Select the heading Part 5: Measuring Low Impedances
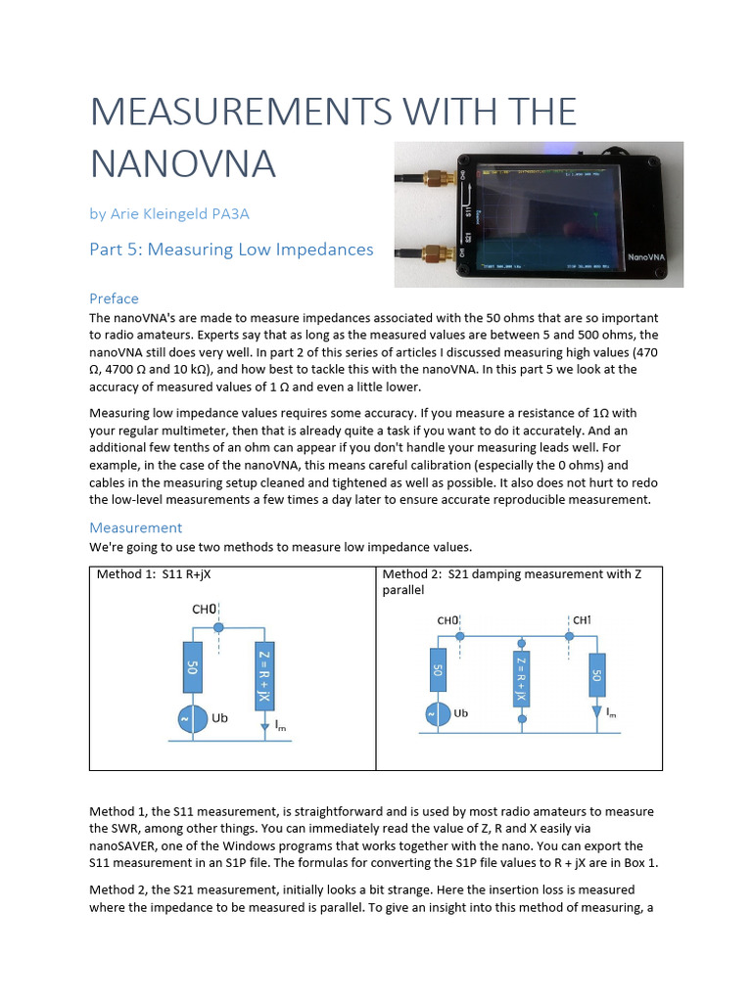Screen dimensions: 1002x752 [231, 250]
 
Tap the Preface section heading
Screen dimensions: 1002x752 [114, 298]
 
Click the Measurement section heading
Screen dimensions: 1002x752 [135, 527]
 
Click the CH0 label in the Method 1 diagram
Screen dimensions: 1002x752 [204, 609]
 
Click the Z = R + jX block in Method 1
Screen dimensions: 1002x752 [262, 676]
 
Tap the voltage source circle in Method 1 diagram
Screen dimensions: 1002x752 [192, 719]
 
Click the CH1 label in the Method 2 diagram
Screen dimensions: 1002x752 [581, 619]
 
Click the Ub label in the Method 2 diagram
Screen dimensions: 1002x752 [460, 713]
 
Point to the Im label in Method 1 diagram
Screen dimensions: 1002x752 [281, 725]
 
